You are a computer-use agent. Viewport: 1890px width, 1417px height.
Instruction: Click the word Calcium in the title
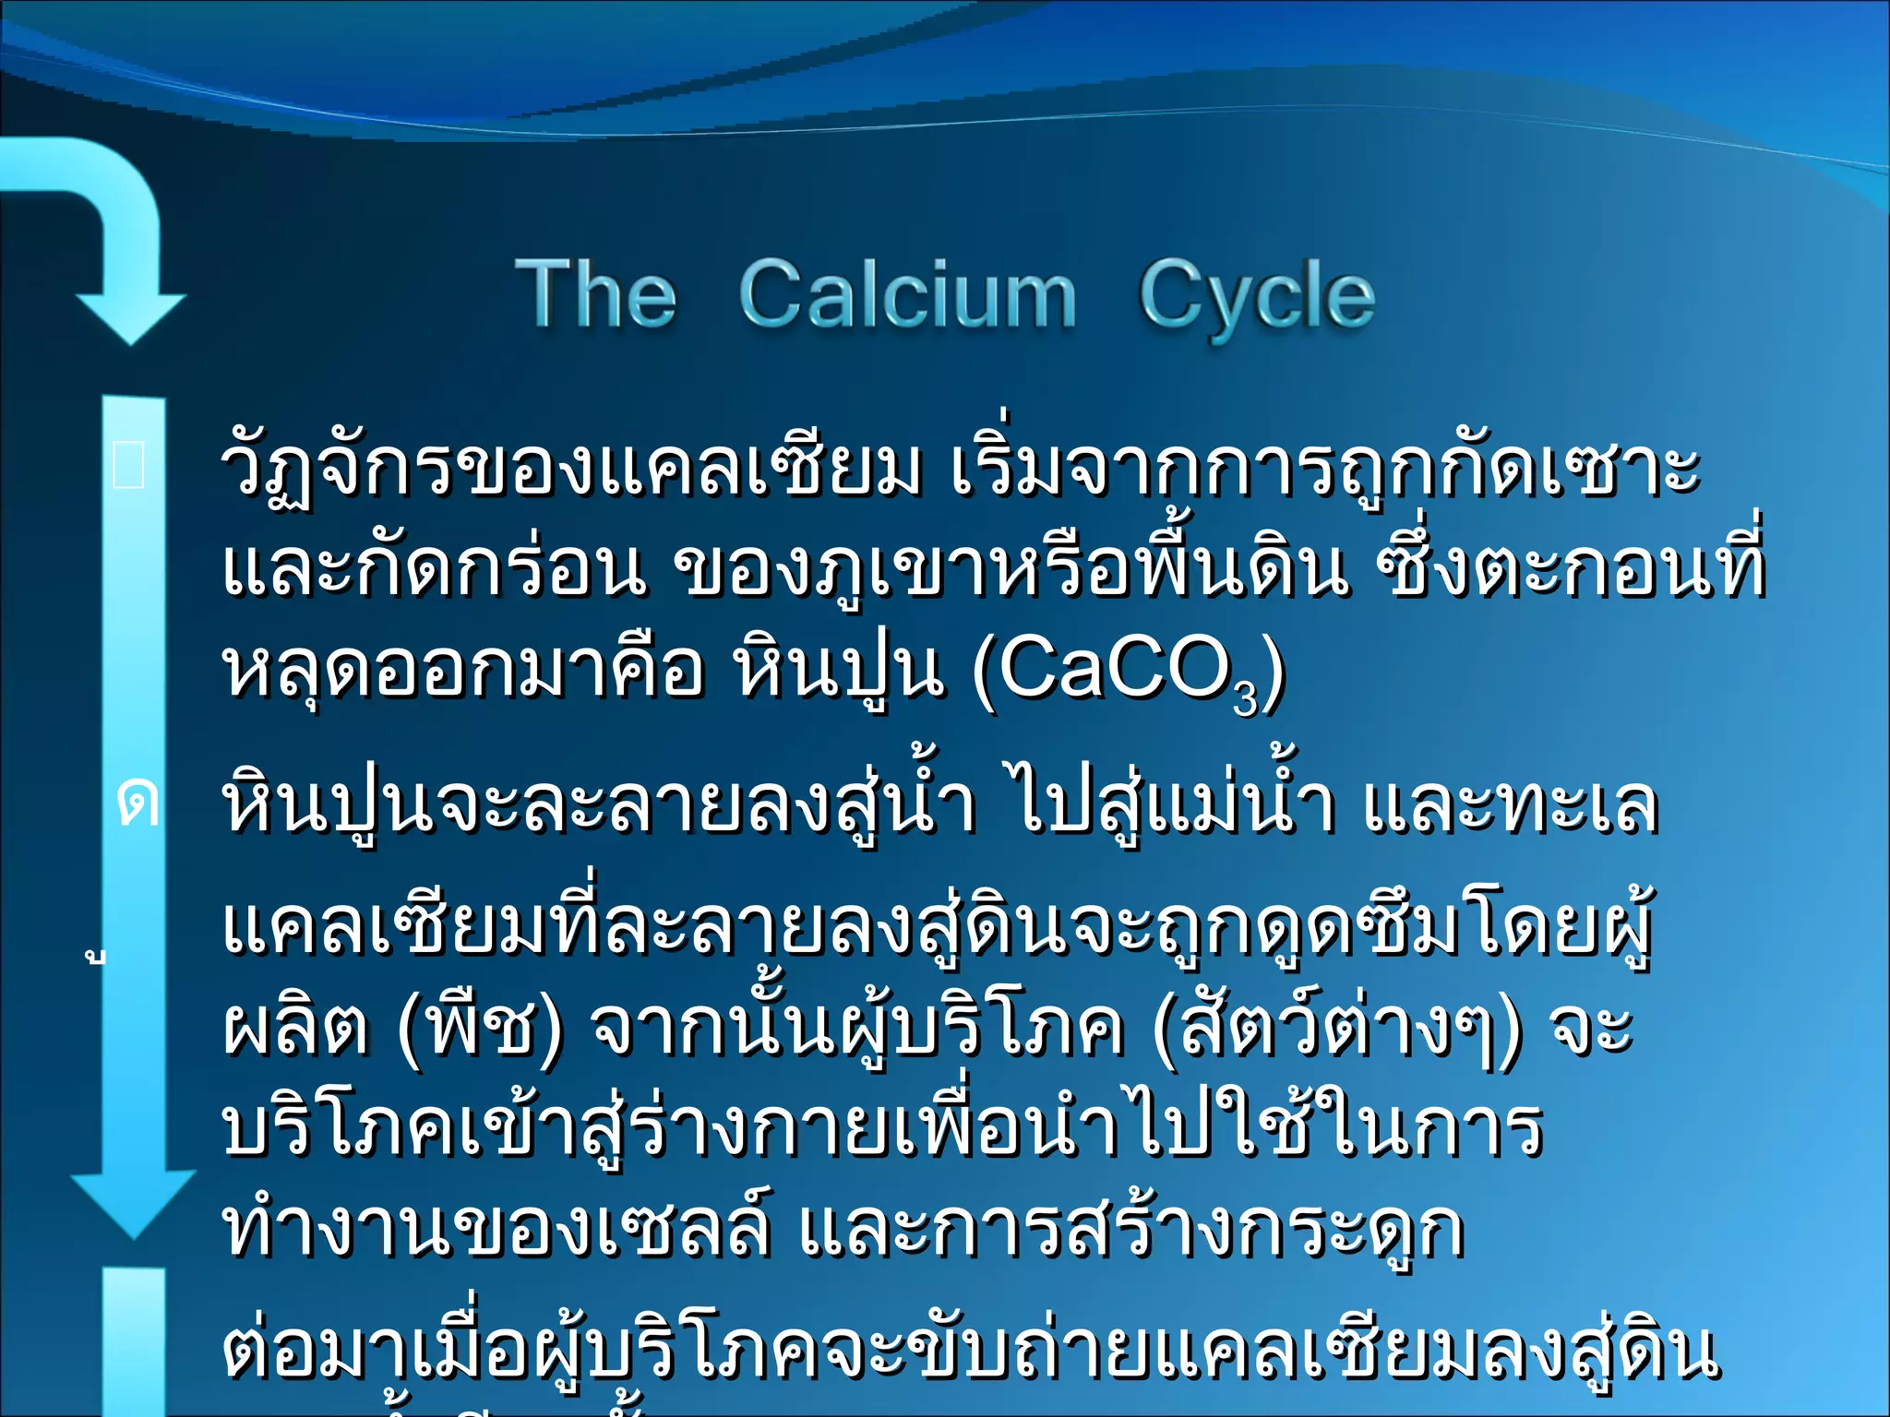click(908, 295)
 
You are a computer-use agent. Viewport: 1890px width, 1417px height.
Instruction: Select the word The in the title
click(596, 295)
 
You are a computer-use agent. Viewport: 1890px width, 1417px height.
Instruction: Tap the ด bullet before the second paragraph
click(138, 804)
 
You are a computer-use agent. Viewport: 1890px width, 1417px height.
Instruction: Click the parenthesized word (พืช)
click(480, 1028)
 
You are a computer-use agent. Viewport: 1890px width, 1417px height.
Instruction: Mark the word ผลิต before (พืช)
click(295, 1028)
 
